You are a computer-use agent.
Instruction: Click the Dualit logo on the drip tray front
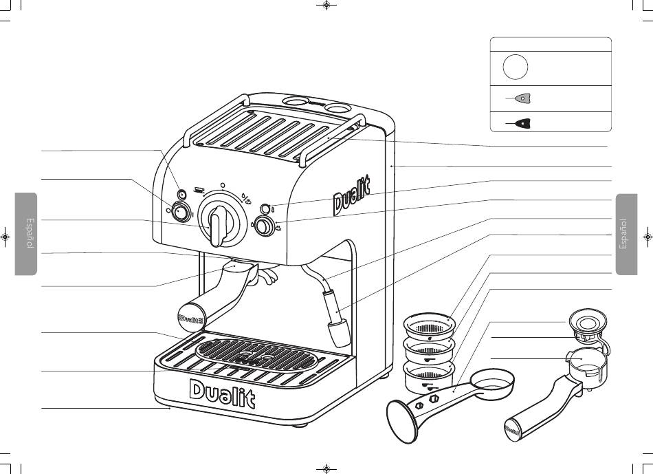click(x=222, y=393)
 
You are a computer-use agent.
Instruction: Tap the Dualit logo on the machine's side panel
click(x=353, y=195)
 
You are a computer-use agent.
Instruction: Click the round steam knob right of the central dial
click(x=262, y=226)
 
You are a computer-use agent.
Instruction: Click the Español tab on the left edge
click(x=26, y=234)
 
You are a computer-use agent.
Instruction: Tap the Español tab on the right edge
click(x=627, y=234)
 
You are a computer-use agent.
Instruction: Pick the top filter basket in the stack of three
click(x=430, y=323)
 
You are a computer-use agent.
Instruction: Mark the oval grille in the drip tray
click(x=257, y=352)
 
